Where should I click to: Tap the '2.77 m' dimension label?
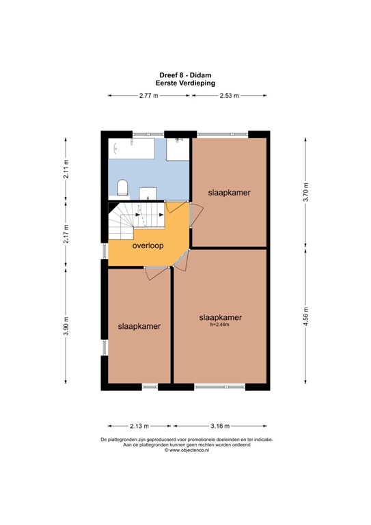tap(148, 96)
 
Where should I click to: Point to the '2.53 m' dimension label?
tap(229, 96)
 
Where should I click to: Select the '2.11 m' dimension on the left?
tap(66, 168)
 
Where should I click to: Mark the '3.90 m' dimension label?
tap(66, 327)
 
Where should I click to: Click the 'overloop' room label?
tap(147, 245)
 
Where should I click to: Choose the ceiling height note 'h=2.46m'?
tap(220, 325)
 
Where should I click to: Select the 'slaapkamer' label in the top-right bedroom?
tap(229, 193)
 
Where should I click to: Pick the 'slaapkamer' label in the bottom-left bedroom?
tap(139, 327)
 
